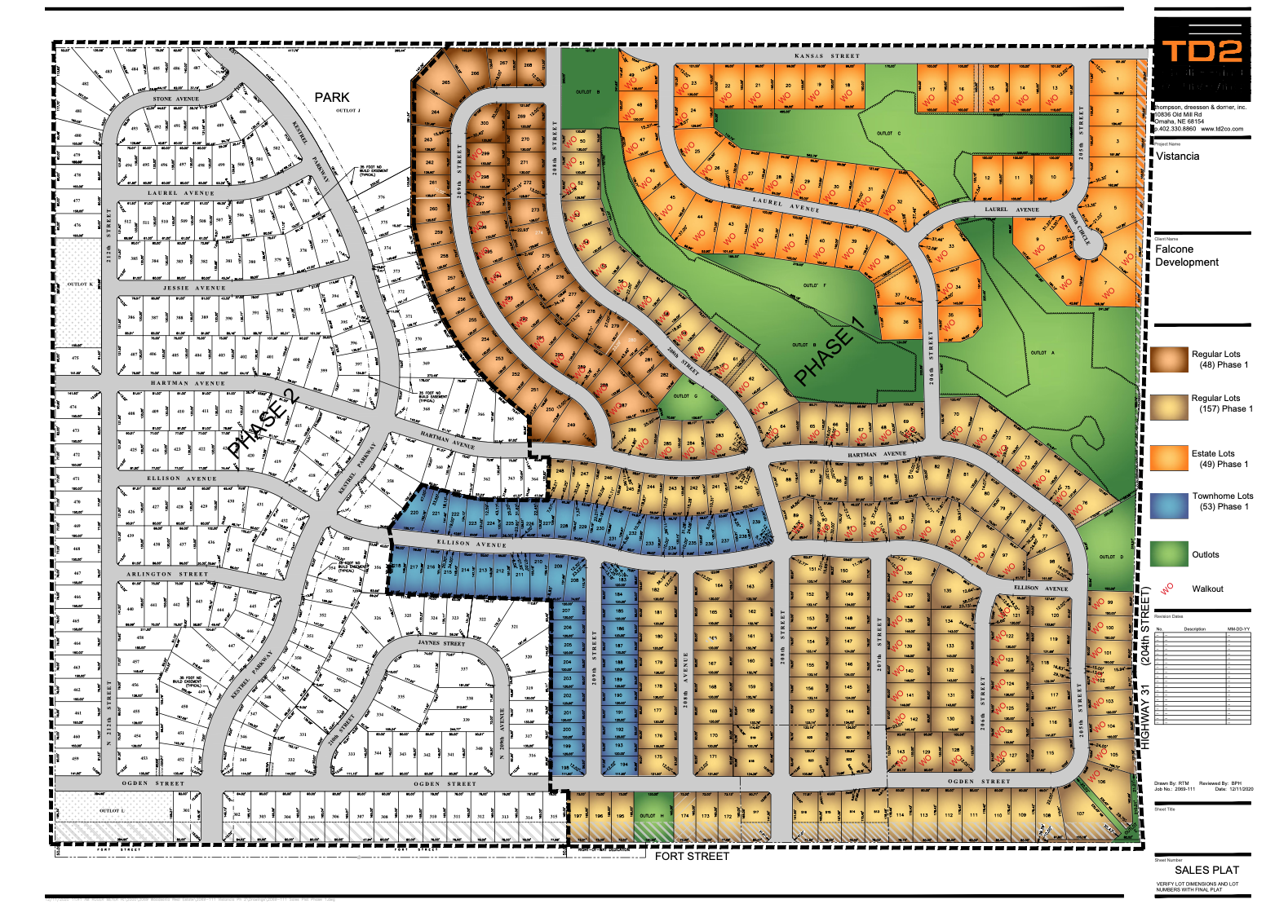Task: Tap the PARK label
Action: (332, 97)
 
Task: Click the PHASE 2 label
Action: (263, 423)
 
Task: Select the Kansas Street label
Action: (826, 56)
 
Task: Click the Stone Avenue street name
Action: (175, 99)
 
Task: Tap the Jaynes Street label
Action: (441, 643)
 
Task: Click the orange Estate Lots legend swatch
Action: (1169, 457)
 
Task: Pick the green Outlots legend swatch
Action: (1169, 553)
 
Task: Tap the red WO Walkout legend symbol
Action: (1166, 588)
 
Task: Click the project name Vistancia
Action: (1177, 156)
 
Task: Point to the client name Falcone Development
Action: (1186, 255)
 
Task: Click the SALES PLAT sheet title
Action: (1206, 870)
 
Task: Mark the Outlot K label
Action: (79, 284)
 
